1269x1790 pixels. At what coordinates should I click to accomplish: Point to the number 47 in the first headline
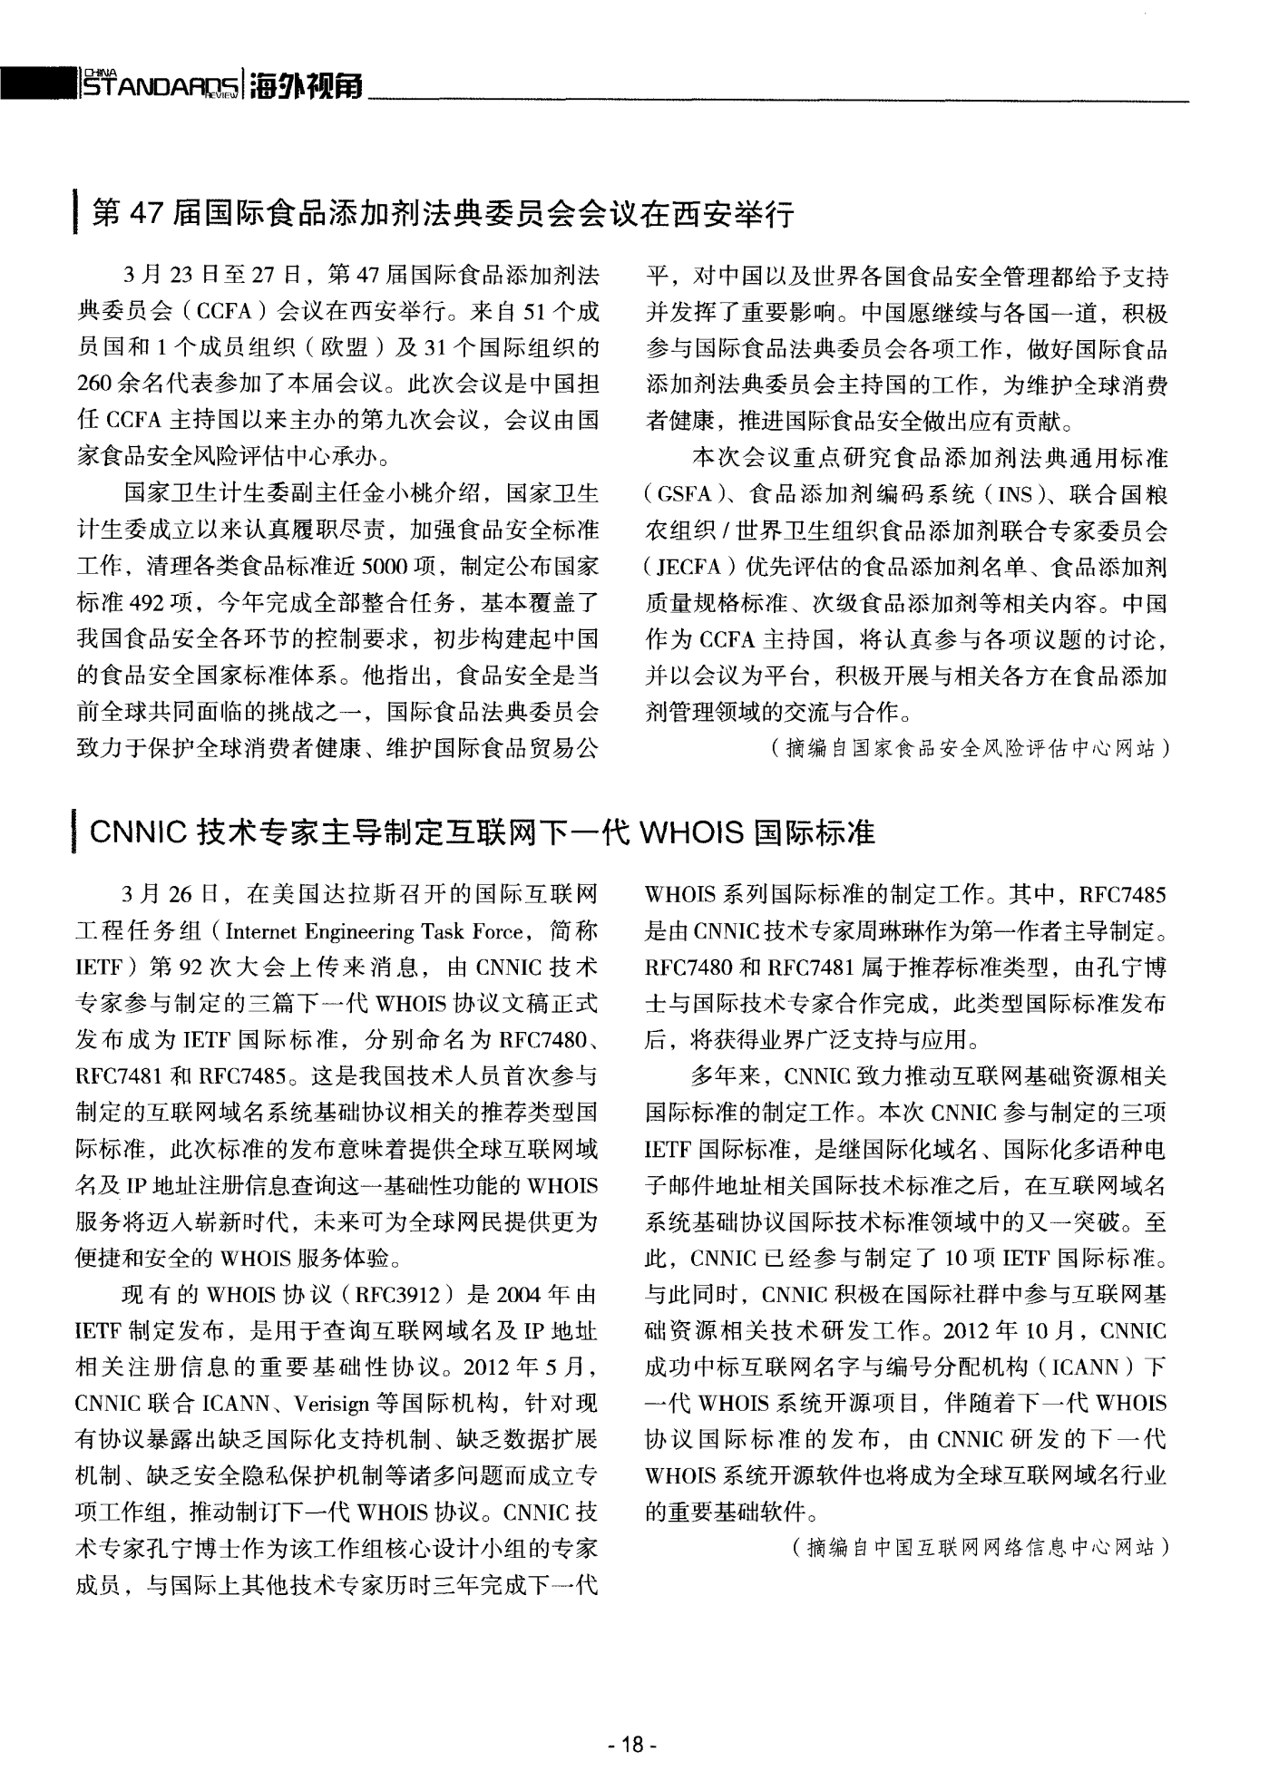click(x=145, y=214)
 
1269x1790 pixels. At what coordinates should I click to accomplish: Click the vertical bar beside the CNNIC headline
click(x=76, y=832)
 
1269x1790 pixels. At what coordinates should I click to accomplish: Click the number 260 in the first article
click(x=94, y=385)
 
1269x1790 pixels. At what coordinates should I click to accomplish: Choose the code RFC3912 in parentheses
click(x=396, y=1295)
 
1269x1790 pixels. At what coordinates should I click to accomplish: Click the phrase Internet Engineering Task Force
click(x=375, y=932)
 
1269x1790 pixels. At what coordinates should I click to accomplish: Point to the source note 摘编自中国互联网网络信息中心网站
click(x=981, y=1548)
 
